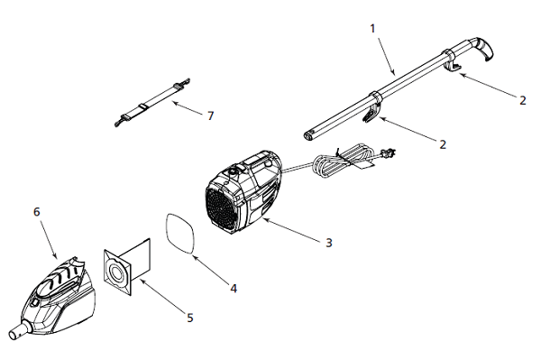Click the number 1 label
[372, 29]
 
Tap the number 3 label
[329, 243]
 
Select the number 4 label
[234, 289]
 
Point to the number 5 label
[190, 318]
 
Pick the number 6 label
[37, 212]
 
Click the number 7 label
[210, 115]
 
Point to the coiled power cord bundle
[343, 160]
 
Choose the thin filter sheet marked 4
[180, 234]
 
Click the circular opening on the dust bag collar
[117, 275]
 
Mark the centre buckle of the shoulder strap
[142, 106]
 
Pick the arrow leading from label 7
[188, 108]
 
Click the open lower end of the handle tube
[308, 135]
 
